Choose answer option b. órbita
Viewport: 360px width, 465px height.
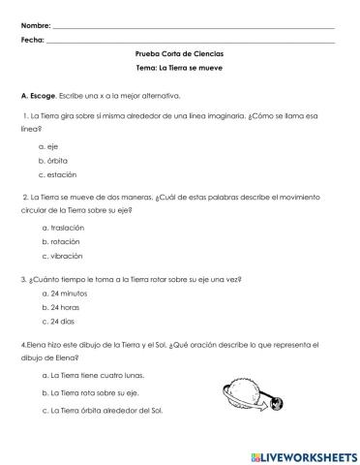point(53,159)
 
